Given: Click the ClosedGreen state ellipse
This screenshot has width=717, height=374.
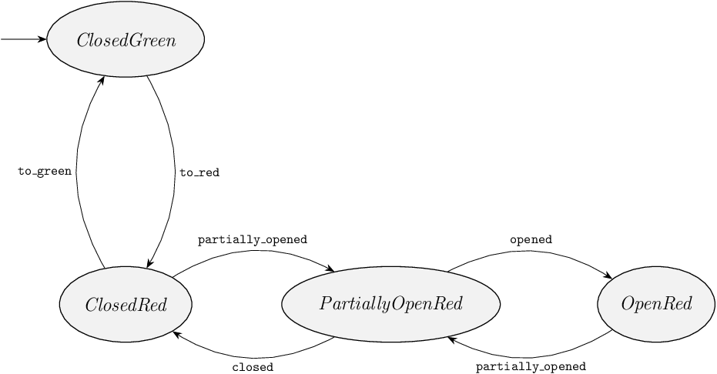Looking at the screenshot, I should pyautogui.click(x=126, y=40).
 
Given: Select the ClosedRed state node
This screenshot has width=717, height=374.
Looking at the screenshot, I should pyautogui.click(x=126, y=304).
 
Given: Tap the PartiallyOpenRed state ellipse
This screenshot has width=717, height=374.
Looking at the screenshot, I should pyautogui.click(x=390, y=304).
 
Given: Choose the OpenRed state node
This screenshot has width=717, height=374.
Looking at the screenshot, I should pyautogui.click(x=656, y=304).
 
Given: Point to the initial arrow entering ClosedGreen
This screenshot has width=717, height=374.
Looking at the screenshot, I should pyautogui.click(x=23, y=39).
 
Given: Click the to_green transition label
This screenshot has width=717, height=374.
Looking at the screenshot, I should pyautogui.click(x=45, y=172).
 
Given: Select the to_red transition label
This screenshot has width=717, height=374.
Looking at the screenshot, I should pyautogui.click(x=199, y=173).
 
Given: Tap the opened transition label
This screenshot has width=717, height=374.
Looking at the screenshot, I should pyautogui.click(x=531, y=239).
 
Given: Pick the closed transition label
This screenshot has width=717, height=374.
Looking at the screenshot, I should pyautogui.click(x=253, y=367).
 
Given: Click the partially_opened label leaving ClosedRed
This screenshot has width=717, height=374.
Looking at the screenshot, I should pyautogui.click(x=252, y=239).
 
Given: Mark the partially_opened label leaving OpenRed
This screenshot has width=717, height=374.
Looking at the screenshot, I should pyautogui.click(x=531, y=367).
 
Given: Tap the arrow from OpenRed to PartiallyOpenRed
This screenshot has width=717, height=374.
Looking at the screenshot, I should pyautogui.click(x=531, y=356).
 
